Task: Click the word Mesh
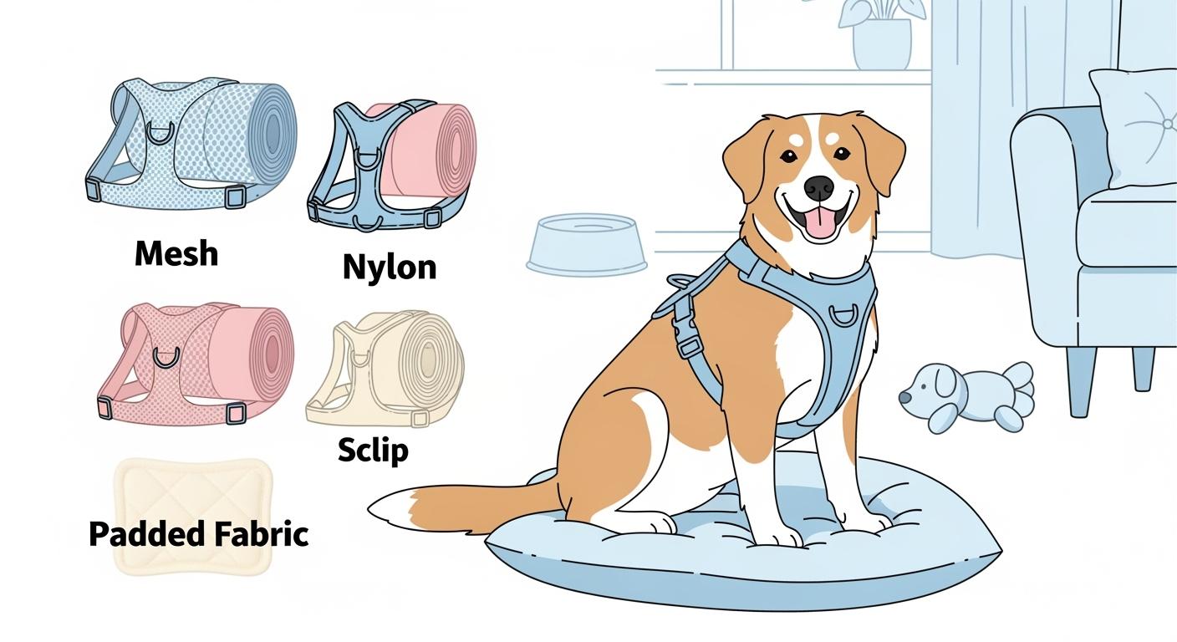176,252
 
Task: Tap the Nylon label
390,267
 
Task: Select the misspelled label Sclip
373,451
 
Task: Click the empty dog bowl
587,243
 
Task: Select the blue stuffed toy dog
970,395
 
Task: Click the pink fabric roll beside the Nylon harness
435,150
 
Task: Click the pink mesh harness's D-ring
166,358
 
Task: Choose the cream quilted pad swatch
193,515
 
